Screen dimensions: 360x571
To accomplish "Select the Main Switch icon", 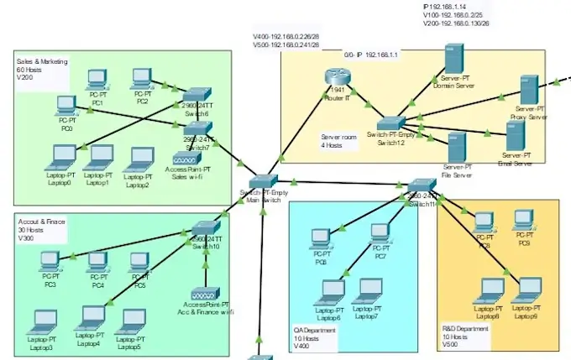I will pyautogui.click(x=264, y=181).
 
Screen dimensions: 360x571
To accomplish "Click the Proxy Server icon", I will pyautogui.click(x=529, y=90).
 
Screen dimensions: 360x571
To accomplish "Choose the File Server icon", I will pyautogui.click(x=457, y=148).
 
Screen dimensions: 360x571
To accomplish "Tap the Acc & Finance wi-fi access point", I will pyautogui.click(x=204, y=295).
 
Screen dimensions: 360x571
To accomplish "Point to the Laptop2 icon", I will pyautogui.click(x=140, y=159).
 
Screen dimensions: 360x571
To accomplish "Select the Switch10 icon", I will pyautogui.click(x=205, y=228).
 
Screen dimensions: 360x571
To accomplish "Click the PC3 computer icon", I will pyautogui.click(x=50, y=261).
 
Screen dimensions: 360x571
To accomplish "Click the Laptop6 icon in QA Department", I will pyautogui.click(x=329, y=291).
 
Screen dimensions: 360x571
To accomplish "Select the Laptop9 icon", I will pyautogui.click(x=526, y=291).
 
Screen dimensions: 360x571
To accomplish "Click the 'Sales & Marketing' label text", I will pyautogui.click(x=42, y=62).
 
